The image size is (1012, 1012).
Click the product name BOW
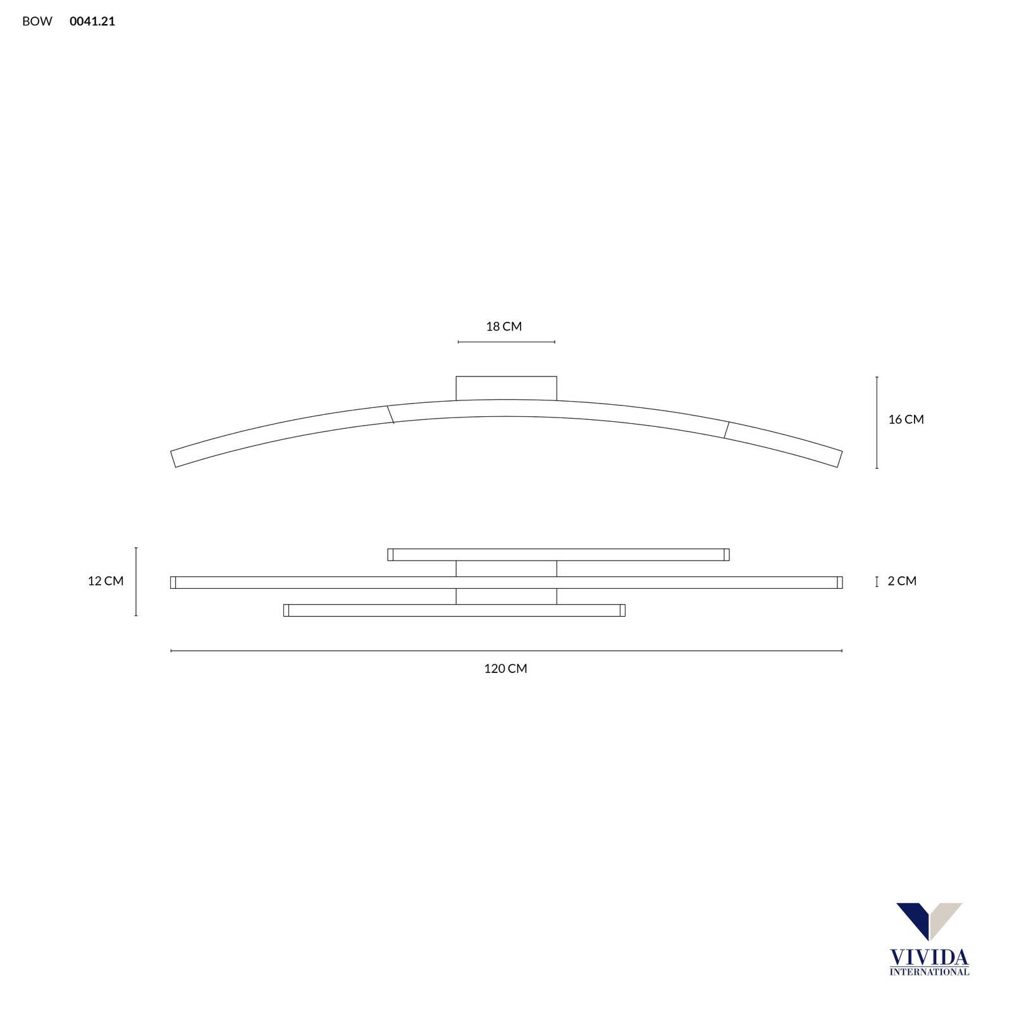pos(37,22)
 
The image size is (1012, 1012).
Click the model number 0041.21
pos(92,22)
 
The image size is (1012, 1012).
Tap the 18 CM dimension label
pos(504,326)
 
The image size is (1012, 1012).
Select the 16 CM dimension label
pos(906,419)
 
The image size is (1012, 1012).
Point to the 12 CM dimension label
pos(106,581)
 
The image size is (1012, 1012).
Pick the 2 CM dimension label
pos(902,581)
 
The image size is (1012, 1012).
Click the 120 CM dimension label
pos(505,669)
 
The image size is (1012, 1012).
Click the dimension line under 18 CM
pos(506,342)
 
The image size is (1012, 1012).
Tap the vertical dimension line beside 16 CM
pos(877,423)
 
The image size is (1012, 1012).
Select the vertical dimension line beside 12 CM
pos(136,582)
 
